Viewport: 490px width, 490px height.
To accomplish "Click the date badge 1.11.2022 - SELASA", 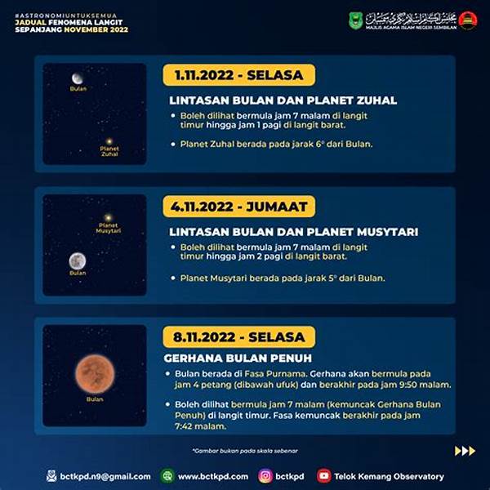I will point(238,75).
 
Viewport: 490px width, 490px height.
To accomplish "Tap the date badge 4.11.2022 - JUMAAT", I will point(238,206).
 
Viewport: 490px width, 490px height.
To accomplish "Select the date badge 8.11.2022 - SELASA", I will point(238,336).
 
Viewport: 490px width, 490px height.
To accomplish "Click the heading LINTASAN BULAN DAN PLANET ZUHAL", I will point(283,100).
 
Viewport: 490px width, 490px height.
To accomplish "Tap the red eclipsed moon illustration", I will point(94,373).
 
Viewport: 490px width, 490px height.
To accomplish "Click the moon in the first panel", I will point(78,78).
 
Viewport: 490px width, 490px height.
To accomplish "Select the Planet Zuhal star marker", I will point(109,140).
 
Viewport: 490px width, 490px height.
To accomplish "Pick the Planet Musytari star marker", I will point(108,217).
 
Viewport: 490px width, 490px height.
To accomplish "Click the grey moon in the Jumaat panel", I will point(78,261).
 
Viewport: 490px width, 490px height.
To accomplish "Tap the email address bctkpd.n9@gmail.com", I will point(105,476).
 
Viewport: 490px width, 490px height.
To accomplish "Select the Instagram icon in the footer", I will point(265,475).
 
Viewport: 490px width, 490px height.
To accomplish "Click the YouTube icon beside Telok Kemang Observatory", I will point(324,475).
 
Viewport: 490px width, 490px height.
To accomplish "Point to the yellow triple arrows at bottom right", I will point(465,450).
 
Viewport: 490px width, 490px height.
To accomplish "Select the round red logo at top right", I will point(467,20).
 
